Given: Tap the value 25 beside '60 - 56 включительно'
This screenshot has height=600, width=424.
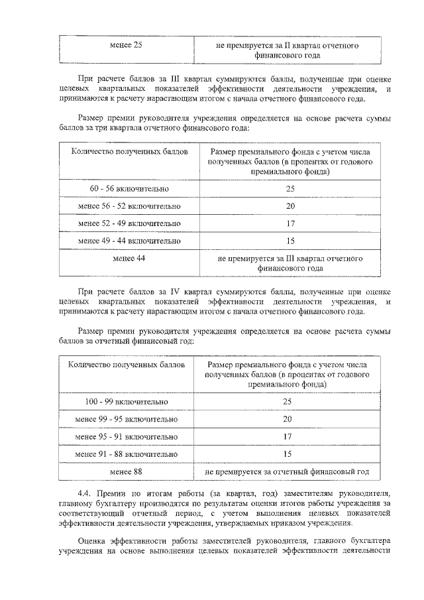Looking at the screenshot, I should (290, 189).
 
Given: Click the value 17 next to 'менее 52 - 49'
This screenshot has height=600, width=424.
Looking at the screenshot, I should (290, 223).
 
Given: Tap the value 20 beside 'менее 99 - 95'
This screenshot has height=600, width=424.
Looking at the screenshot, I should (287, 419).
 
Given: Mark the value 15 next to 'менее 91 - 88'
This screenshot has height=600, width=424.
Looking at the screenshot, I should (287, 454).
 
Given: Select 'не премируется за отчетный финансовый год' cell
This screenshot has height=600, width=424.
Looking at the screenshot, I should (287, 471).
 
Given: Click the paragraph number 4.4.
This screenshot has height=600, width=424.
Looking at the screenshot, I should (84, 494).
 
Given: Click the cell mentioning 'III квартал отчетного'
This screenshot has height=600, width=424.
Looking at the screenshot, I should (290, 263).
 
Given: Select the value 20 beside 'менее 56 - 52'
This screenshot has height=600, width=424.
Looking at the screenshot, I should (290, 206).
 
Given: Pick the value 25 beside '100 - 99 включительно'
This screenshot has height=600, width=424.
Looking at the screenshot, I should (287, 402).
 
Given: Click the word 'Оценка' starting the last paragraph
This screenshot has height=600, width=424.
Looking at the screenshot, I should (92, 539).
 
